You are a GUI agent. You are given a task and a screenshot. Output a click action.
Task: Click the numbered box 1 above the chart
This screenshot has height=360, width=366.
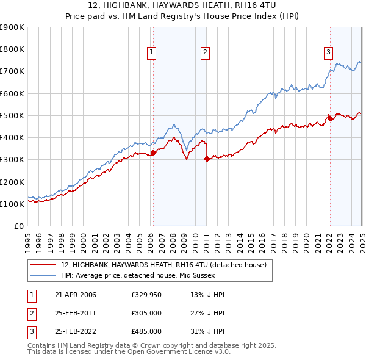[x=151, y=52]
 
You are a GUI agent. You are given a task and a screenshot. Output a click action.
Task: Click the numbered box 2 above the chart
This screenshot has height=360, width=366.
[x=205, y=52]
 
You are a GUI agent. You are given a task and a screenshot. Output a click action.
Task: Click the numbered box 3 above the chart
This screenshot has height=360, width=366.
[x=328, y=52]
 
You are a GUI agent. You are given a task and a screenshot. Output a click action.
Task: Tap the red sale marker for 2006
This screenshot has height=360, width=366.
[x=153, y=153]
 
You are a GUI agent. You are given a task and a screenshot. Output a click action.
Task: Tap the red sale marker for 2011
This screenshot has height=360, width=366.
[x=207, y=159]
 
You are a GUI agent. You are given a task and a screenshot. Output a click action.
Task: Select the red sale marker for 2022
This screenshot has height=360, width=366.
[x=329, y=118]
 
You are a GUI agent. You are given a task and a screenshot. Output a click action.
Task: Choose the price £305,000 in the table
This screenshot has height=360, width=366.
[x=146, y=313]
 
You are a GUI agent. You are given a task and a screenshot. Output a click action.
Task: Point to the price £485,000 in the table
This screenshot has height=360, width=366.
[x=146, y=331]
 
